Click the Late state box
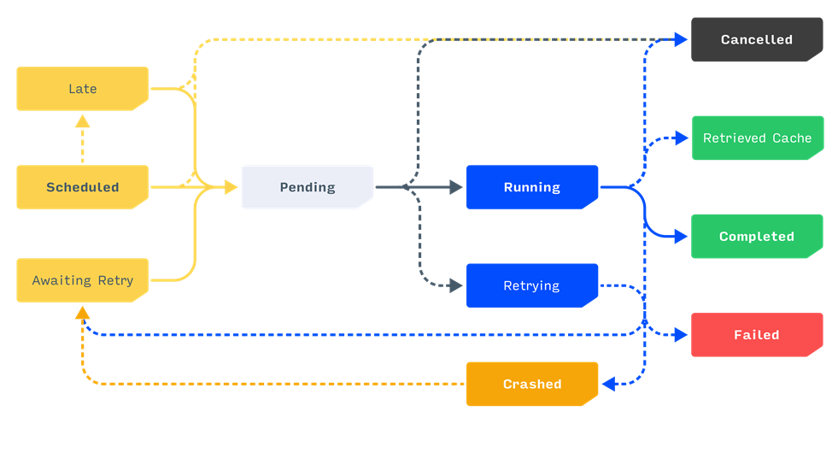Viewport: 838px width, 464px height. [x=82, y=89]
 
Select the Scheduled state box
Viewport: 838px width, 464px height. [x=82, y=187]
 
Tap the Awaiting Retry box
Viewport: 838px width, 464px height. [x=82, y=280]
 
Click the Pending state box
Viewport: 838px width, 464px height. [x=308, y=187]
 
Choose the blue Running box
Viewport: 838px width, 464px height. [x=531, y=187]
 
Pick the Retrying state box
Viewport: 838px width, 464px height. [x=531, y=285]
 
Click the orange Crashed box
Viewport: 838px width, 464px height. [x=531, y=384]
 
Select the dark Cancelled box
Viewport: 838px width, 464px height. [x=756, y=39]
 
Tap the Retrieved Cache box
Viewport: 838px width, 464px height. [x=757, y=138]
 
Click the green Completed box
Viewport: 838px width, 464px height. [x=756, y=237]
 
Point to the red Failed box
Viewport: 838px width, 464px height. [x=756, y=335]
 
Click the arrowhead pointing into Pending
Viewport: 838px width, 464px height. [x=231, y=187]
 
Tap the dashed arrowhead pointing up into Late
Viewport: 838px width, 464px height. [x=82, y=121]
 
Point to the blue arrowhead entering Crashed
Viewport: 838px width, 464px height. [x=608, y=385]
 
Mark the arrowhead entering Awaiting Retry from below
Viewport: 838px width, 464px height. [x=82, y=313]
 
